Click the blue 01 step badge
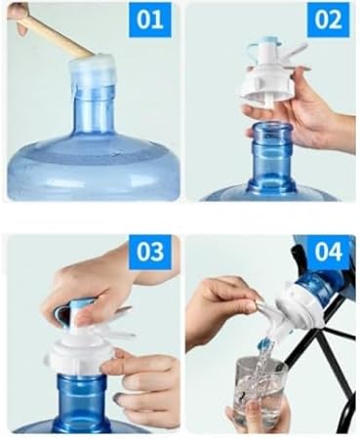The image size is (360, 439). (150, 20)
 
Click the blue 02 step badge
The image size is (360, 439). (328, 20)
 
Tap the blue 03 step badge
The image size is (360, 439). (150, 252)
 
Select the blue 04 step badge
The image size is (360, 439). (328, 252)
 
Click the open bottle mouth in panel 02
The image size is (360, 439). (272, 128)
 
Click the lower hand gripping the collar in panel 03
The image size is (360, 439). (143, 388)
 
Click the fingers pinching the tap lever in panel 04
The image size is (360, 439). (227, 299)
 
